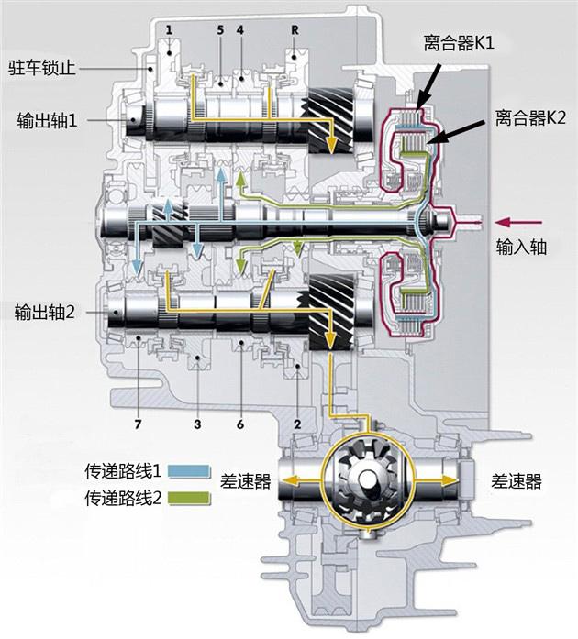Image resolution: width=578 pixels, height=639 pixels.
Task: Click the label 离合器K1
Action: point(457,42)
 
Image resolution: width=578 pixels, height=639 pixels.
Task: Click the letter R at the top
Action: point(295,30)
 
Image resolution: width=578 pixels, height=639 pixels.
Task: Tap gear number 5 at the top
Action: point(220,30)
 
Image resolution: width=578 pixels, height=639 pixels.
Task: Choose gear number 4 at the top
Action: point(239,30)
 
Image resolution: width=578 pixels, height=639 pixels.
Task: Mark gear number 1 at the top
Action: point(170,30)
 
